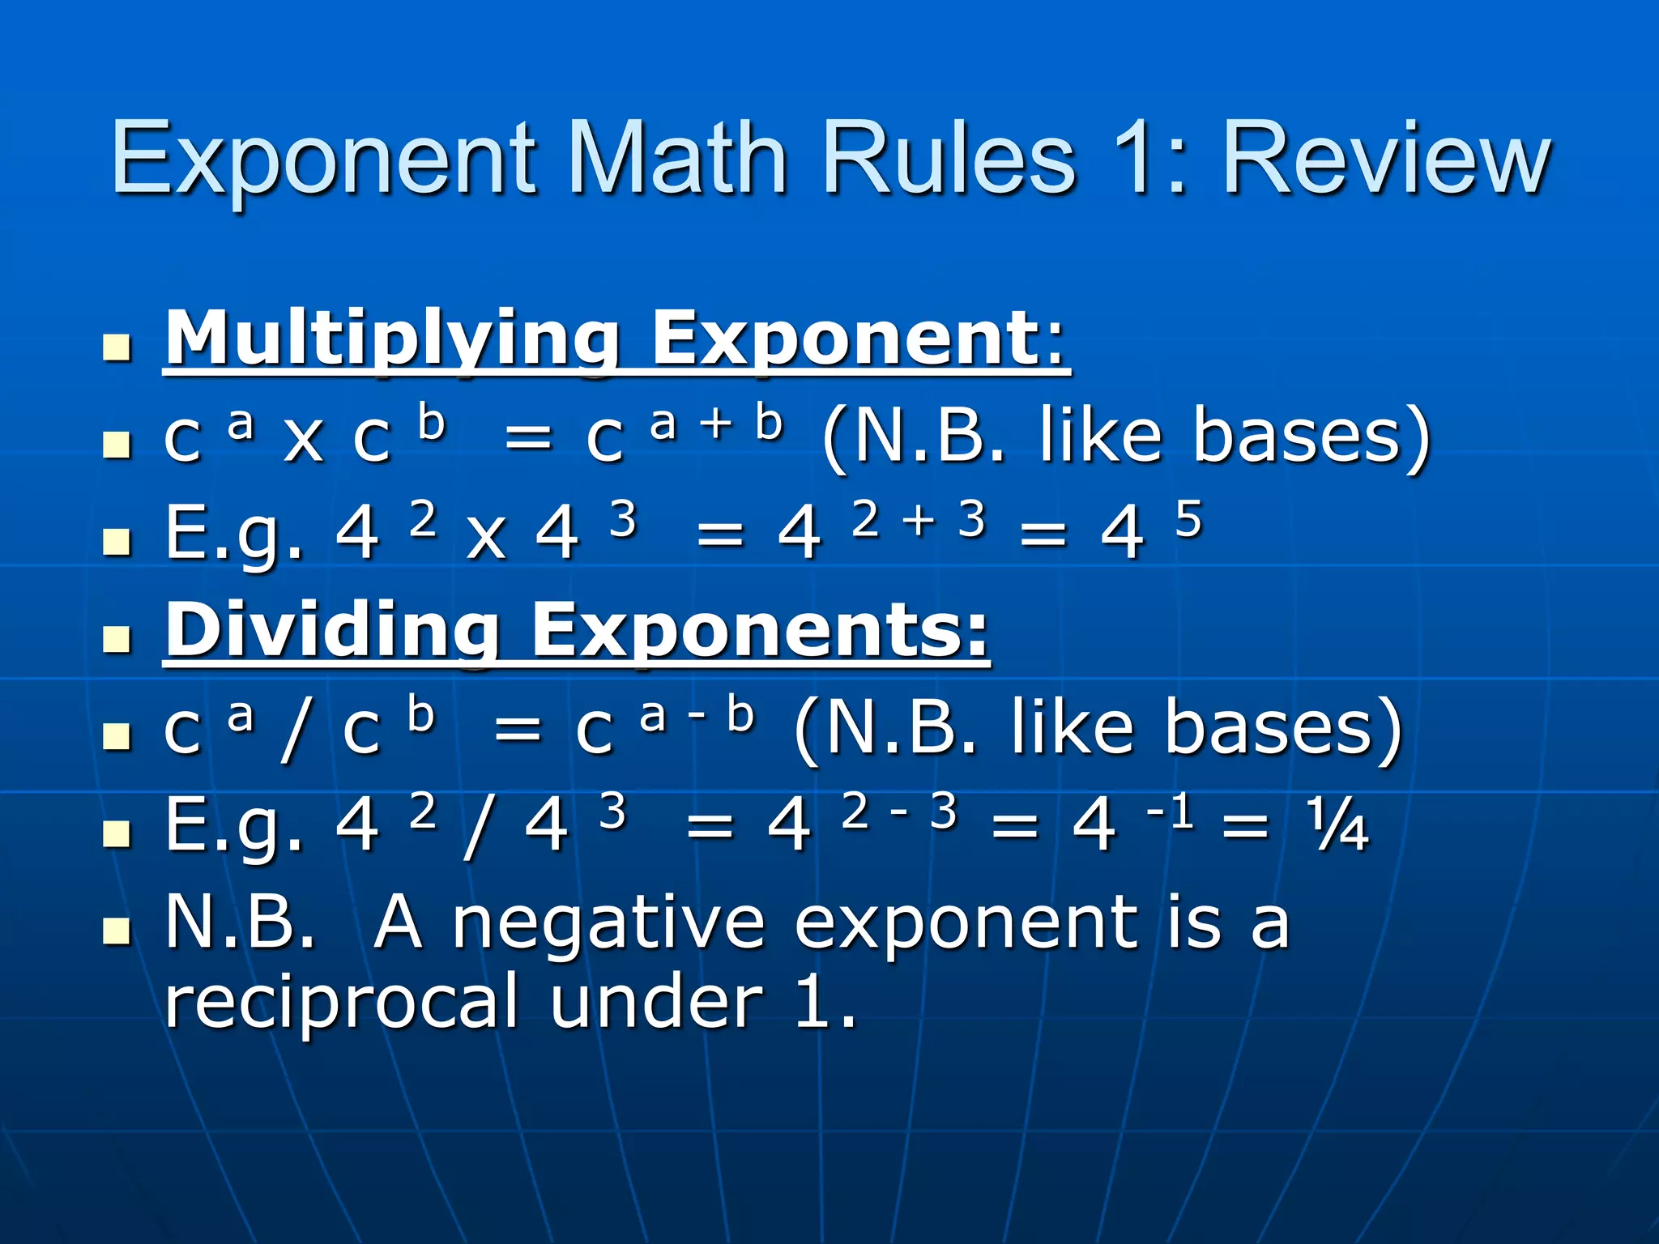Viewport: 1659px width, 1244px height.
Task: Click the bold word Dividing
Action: pyautogui.click(x=332, y=632)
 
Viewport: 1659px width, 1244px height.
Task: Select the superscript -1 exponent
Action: pyautogui.click(x=1171, y=811)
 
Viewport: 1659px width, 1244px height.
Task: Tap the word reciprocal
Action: pyautogui.click(x=341, y=1003)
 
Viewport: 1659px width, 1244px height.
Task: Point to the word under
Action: pyautogui.click(x=656, y=1003)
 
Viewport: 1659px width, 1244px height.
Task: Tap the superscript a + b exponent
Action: pyautogui.click(x=717, y=424)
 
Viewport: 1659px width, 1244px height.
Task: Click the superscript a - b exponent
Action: pyautogui.click(x=697, y=715)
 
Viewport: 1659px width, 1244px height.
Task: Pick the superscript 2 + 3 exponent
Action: pyautogui.click(x=919, y=519)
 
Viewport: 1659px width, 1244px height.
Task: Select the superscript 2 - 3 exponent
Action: pyautogui.click(x=899, y=811)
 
